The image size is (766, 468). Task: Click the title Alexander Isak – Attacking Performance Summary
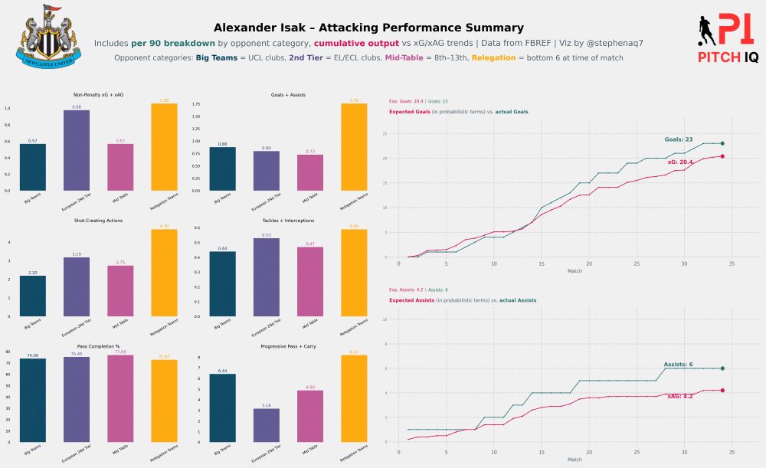pos(368,28)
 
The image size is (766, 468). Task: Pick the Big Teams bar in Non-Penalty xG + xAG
pos(33,167)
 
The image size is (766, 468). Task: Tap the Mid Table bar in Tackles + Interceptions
pos(310,281)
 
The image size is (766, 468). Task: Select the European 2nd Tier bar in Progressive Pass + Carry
pos(266,425)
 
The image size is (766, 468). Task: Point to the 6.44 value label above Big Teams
pos(222,371)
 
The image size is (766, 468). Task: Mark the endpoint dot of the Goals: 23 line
pos(722,143)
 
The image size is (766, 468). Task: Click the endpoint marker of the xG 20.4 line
pos(722,156)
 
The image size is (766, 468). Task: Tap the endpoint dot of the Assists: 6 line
pos(722,368)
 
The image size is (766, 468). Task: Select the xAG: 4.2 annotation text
pos(680,396)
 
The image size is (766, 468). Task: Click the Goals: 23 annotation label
pos(679,139)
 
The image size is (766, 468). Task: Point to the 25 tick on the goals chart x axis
pos(637,263)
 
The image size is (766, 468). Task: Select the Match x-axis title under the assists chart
pos(574,460)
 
